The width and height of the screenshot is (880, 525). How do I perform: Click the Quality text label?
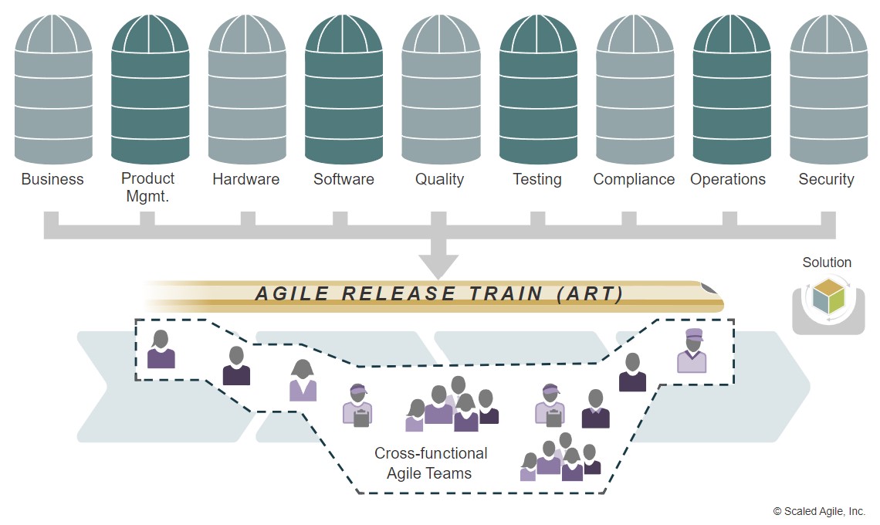click(439, 180)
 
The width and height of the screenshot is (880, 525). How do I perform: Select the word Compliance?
click(634, 180)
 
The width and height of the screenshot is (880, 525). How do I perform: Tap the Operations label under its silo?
click(728, 180)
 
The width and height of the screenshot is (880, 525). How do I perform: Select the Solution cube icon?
click(828, 296)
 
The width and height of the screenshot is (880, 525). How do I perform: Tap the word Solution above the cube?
click(827, 262)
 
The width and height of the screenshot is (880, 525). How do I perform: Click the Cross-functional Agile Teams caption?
click(430, 463)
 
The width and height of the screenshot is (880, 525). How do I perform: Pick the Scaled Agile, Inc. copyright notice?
click(819, 511)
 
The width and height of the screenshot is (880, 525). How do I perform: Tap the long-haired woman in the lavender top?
click(303, 381)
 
